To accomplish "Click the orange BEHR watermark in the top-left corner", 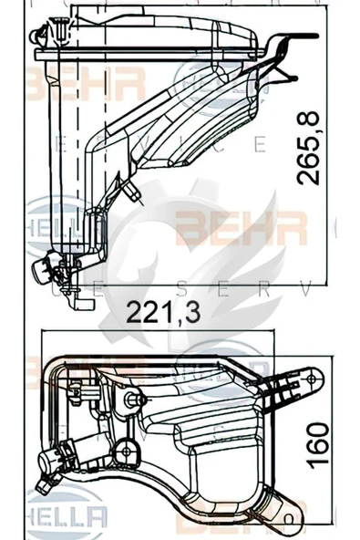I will (87, 85).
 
